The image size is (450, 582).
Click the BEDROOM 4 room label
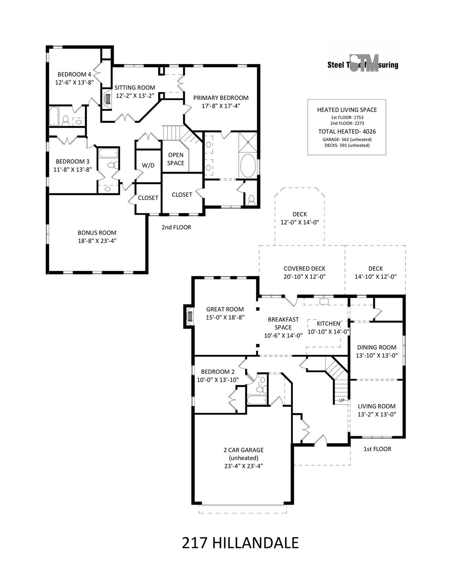72,74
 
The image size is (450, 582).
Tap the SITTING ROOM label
135,88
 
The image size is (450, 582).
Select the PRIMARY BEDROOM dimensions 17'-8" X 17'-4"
221,106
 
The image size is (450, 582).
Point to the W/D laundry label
148,165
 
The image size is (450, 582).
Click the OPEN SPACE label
176,159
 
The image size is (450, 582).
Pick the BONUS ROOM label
97,233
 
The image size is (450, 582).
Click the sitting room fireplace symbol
107,99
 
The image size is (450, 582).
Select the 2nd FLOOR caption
176,227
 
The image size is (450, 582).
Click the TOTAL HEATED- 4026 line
347,131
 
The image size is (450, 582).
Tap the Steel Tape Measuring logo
363,64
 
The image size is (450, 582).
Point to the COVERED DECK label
304,268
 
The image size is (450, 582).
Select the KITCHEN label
328,323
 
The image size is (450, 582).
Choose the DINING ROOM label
376,347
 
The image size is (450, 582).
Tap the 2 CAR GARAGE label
243,450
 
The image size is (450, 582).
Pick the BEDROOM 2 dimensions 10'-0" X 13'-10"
218,380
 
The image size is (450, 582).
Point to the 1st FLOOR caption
377,449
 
